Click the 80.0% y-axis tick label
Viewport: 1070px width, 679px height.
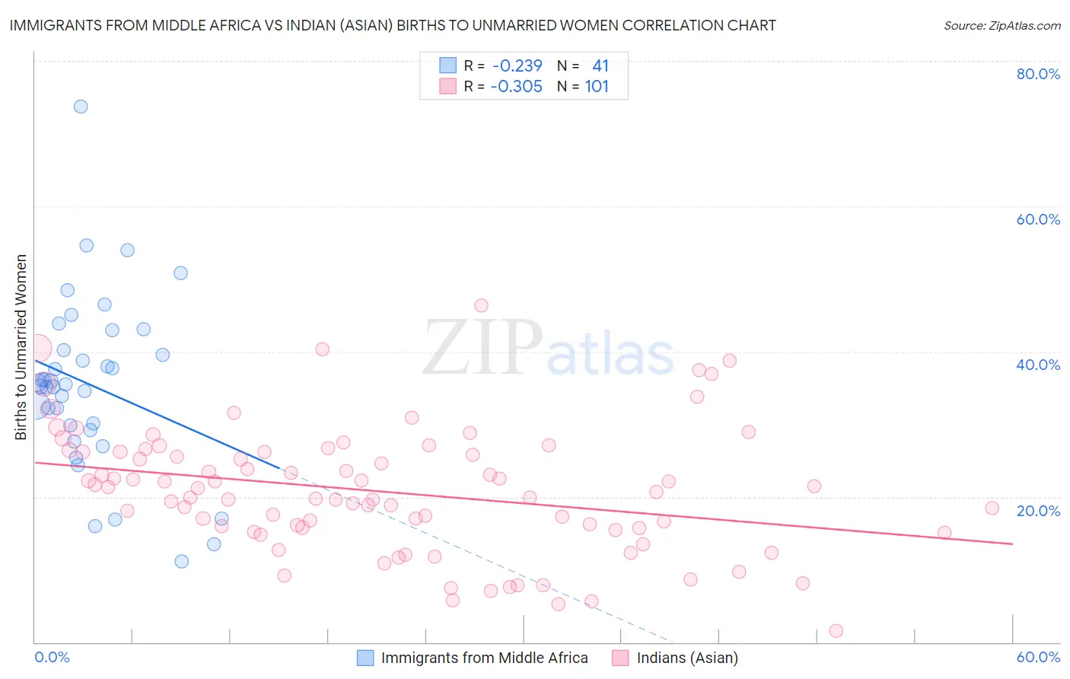tap(1038, 74)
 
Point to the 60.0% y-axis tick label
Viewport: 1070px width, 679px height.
tap(1038, 219)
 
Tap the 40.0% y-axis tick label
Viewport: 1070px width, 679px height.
tap(1038, 365)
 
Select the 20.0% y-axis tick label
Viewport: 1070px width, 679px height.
tap(1038, 511)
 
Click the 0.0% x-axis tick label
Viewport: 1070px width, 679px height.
tap(52, 657)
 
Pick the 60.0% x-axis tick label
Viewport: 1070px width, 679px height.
tap(1038, 657)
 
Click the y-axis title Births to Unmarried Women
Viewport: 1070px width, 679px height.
tap(21, 347)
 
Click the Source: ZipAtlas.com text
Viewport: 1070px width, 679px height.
tap(1002, 26)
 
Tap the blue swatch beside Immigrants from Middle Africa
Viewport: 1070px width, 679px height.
tap(365, 658)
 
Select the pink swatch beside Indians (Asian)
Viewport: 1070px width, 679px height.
tap(621, 658)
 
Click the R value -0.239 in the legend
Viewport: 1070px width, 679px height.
tap(517, 66)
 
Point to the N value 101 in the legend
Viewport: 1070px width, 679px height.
tap(597, 87)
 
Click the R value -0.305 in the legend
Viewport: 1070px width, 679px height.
tap(517, 87)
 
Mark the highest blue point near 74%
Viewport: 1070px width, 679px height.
tap(81, 107)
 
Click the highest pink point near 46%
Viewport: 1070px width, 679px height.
tap(481, 305)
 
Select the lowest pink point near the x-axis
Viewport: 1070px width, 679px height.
tap(836, 630)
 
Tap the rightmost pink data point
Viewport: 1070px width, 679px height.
tap(992, 508)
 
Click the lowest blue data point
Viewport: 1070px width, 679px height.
tap(181, 561)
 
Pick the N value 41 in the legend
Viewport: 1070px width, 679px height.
tap(600, 66)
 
